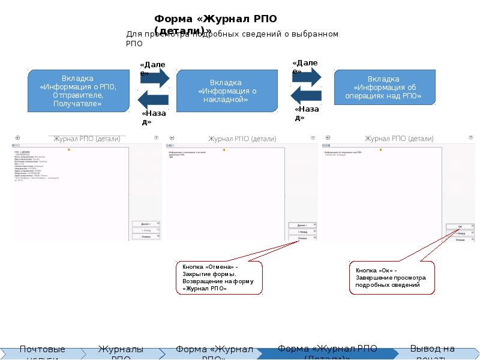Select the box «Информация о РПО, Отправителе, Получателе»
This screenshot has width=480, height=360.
78,91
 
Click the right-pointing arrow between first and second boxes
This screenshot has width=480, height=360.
153,77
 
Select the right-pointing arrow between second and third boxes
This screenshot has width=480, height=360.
307,75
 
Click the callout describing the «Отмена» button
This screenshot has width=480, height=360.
218,277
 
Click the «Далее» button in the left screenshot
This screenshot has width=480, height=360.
146,223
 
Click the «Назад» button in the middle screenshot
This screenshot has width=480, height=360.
302,231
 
